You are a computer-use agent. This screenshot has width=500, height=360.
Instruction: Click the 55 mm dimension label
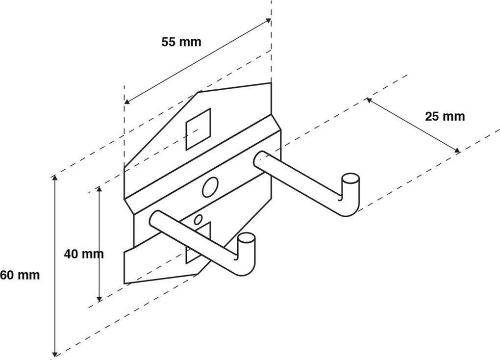tap(181, 42)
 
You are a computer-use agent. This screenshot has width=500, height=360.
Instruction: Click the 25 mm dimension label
tap(445, 117)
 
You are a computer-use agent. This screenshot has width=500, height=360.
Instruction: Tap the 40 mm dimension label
tap(84, 255)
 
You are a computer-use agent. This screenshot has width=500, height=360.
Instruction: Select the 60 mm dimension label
tap(20, 275)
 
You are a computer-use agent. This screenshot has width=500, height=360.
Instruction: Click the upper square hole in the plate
tap(198, 129)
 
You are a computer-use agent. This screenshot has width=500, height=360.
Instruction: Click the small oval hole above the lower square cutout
tap(198, 220)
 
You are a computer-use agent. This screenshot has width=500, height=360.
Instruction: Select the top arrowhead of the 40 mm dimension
tap(99, 189)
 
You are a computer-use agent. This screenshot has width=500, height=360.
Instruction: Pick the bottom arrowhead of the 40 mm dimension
tap(100, 299)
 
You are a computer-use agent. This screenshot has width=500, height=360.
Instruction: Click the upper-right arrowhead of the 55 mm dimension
tap(269, 21)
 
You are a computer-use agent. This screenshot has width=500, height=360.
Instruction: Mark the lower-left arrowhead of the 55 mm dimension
tap(126, 102)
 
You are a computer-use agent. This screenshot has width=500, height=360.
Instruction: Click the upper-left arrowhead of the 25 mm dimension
tap(369, 100)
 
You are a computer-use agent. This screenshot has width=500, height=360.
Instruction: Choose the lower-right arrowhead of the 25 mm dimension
tap(457, 150)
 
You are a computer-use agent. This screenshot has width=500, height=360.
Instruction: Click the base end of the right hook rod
tap(261, 159)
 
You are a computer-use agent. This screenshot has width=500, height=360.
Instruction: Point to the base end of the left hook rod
tap(156, 219)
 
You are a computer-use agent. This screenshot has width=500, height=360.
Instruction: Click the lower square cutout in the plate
tap(199, 243)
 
